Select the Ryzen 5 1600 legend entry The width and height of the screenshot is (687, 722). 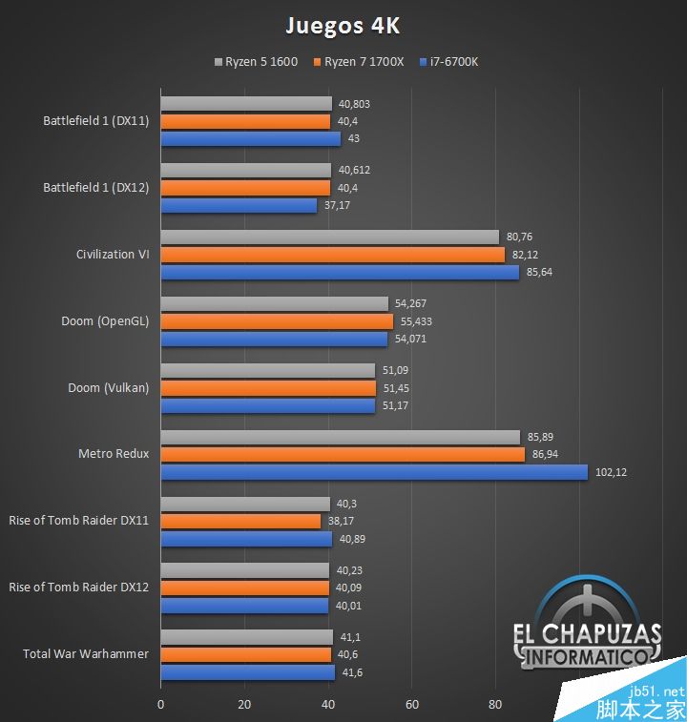[x=257, y=62]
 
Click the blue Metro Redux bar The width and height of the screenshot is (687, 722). [x=374, y=472]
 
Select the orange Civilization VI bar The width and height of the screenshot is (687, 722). [x=332, y=255]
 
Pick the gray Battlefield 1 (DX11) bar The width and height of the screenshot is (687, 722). [x=246, y=103]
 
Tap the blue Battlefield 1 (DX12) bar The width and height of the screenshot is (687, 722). [x=239, y=205]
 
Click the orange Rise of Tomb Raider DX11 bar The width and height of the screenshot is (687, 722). [x=240, y=521]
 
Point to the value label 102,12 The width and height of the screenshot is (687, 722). [x=613, y=472]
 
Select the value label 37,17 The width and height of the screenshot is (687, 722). [x=337, y=205]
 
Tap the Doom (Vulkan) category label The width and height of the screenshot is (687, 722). [x=108, y=387]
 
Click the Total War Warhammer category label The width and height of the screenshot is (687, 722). [x=86, y=654]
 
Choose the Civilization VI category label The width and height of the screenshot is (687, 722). [x=113, y=255]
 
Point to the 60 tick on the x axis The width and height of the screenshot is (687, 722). [x=411, y=705]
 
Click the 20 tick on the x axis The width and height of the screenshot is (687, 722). [x=244, y=705]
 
